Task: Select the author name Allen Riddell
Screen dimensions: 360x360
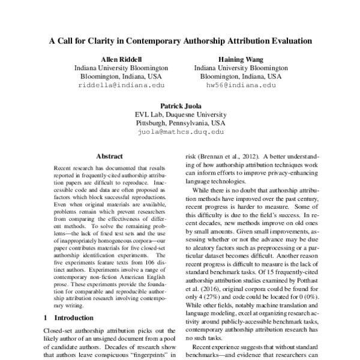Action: coord(121,59)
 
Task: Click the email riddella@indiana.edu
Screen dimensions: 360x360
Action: coord(121,86)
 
